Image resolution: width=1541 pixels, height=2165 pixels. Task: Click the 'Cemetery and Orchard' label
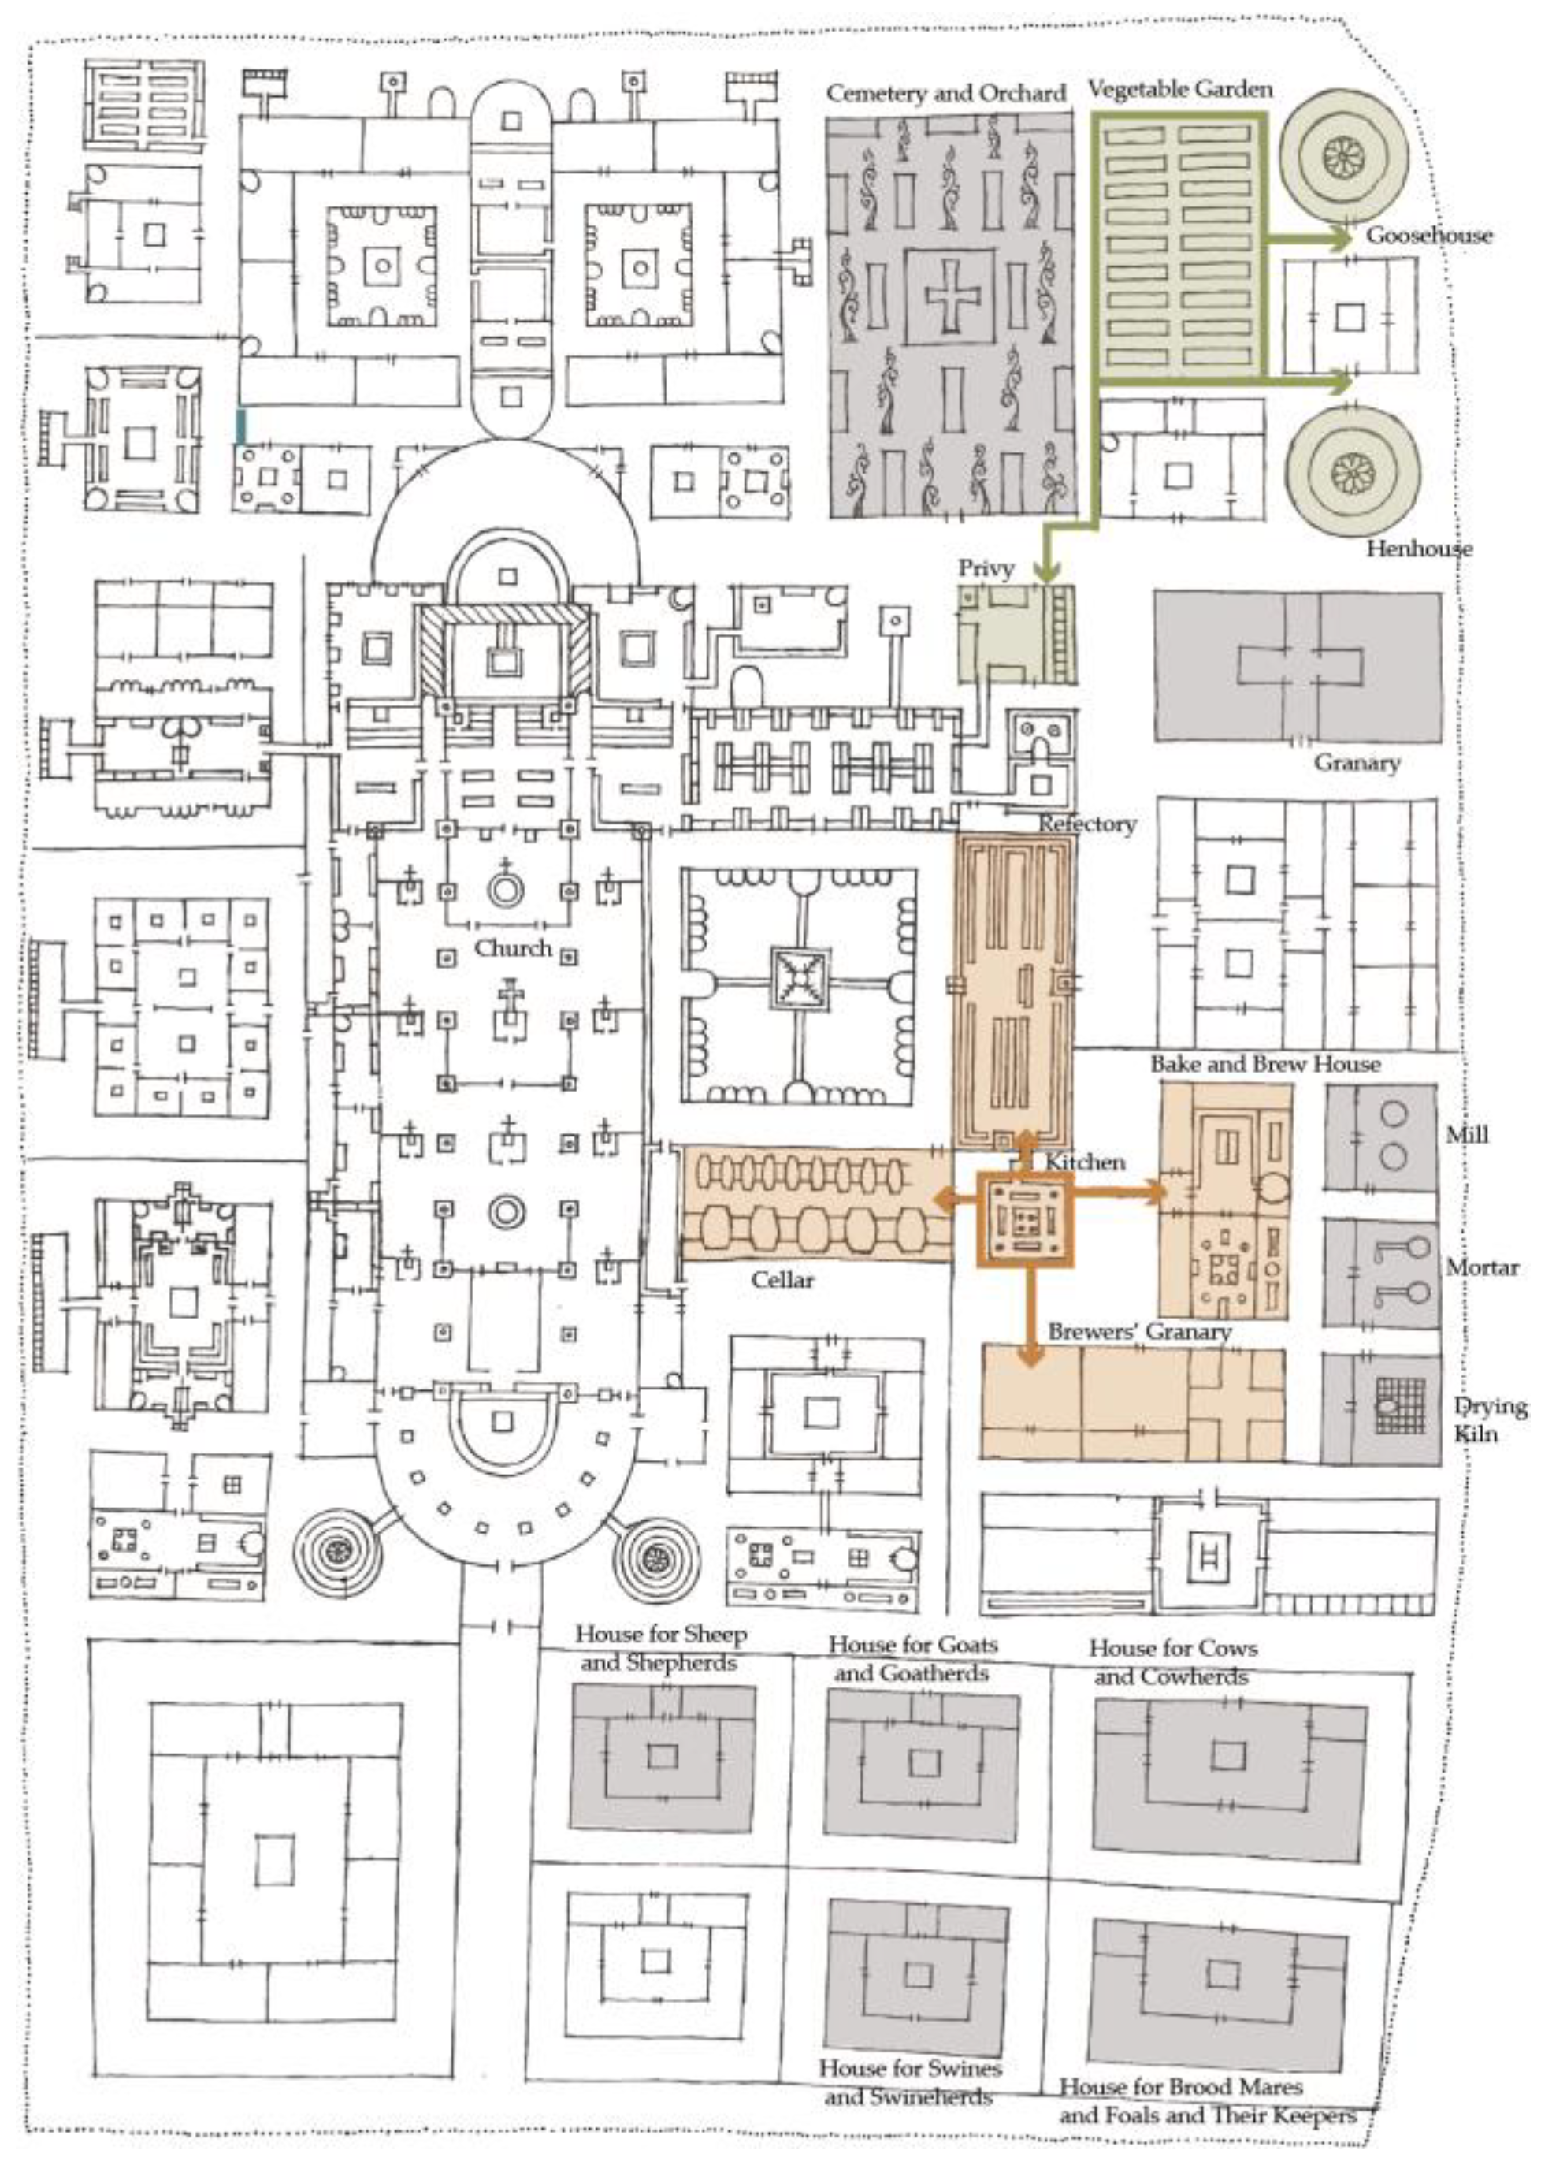(945, 94)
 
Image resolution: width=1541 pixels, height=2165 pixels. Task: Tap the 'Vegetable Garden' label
(1179, 90)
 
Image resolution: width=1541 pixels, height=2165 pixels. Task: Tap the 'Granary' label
(1356, 763)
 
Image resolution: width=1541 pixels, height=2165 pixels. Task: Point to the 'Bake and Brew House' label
(1265, 1064)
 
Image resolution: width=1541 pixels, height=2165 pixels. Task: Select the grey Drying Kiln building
(1379, 1408)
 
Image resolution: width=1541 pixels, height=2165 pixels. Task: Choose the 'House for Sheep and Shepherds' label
(660, 1648)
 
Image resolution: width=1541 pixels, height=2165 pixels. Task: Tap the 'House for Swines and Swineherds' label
(910, 2081)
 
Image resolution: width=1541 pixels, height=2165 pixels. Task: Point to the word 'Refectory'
(1086, 824)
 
